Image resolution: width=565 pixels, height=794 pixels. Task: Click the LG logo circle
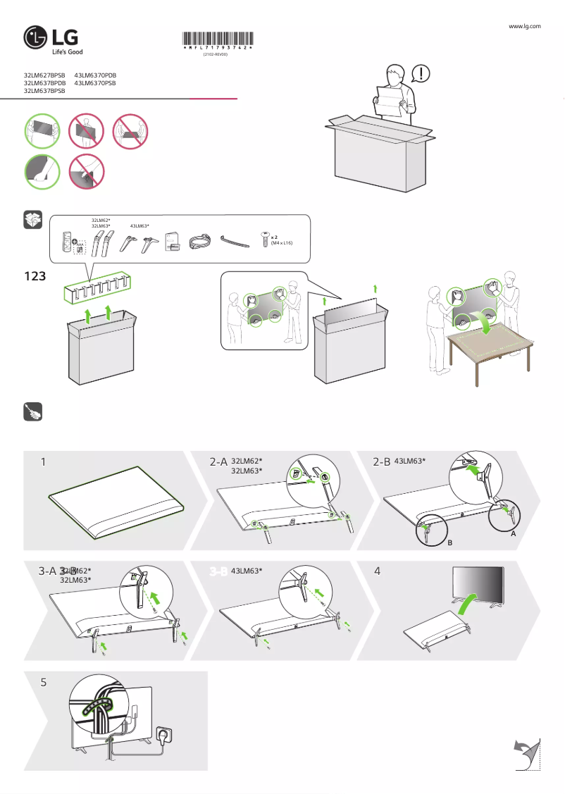click(x=36, y=39)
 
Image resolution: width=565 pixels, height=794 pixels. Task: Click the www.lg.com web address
click(x=524, y=26)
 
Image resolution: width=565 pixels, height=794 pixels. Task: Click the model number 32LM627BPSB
click(x=44, y=75)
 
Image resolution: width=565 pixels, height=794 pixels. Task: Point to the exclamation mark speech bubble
click(x=420, y=73)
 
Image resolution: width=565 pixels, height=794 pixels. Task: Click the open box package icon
click(x=33, y=220)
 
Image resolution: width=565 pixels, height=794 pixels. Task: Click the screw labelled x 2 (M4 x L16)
click(x=265, y=238)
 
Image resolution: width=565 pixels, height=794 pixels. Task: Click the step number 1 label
click(x=44, y=462)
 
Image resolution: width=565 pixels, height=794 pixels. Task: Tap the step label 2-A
click(x=218, y=462)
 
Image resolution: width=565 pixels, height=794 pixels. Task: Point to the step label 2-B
click(x=381, y=461)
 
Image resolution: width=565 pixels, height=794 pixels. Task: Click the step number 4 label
click(x=378, y=571)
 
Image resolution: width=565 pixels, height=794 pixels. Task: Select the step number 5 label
click(x=44, y=683)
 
